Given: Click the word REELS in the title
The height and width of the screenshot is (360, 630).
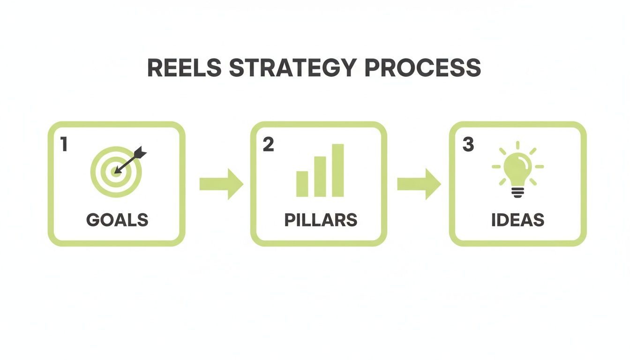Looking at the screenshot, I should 184,68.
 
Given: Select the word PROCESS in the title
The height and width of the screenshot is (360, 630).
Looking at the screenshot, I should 422,68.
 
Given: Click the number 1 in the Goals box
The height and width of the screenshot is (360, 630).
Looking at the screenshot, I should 64,145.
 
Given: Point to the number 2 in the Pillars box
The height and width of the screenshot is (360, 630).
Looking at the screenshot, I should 268,145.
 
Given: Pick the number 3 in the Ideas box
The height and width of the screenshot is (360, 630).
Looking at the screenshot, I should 468,145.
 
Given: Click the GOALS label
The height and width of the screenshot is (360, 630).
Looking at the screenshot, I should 117,220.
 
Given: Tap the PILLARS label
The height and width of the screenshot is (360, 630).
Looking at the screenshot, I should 321,220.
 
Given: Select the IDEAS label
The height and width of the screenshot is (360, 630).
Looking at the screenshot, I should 517,220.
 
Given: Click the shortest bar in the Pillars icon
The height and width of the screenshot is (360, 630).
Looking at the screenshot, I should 302,184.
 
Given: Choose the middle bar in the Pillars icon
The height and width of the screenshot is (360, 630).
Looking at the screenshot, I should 320,176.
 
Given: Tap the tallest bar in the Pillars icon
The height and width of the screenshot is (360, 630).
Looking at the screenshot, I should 338,170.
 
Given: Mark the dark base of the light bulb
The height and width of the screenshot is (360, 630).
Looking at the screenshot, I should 518,192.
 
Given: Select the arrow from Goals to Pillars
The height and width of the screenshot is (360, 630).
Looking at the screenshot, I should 221,184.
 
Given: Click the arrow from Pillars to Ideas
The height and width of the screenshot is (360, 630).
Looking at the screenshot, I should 419,184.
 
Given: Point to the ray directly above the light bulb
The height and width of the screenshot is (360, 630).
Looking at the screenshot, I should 518,145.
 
